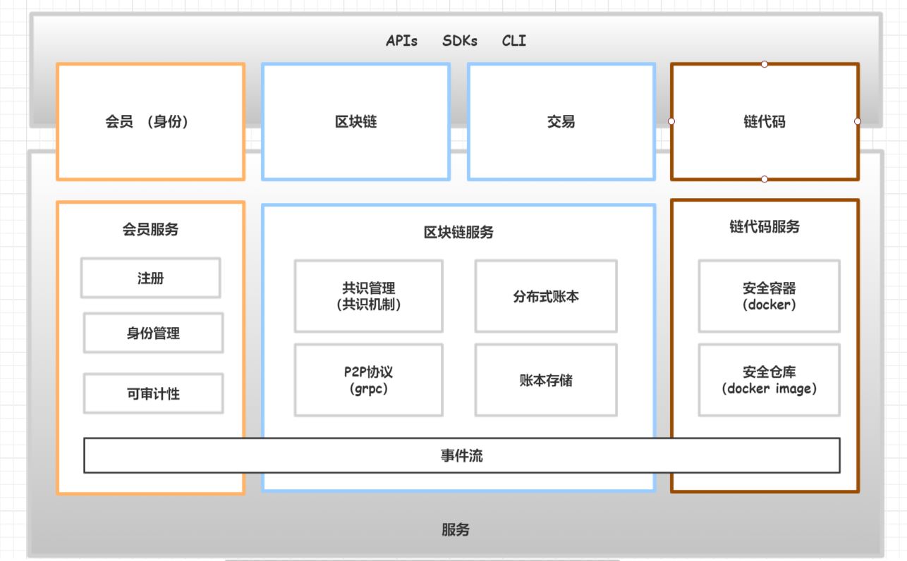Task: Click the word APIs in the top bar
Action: pyautogui.click(x=401, y=41)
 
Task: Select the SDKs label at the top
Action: pyautogui.click(x=460, y=41)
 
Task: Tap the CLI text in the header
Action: pyautogui.click(x=513, y=41)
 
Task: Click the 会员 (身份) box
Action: pyautogui.click(x=150, y=121)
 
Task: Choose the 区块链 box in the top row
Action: pyautogui.click(x=355, y=121)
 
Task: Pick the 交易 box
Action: pyautogui.click(x=561, y=121)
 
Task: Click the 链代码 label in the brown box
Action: pyautogui.click(x=764, y=121)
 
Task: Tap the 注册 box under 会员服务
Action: pyautogui.click(x=150, y=278)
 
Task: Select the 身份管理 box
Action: pyautogui.click(x=153, y=333)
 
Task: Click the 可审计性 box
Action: pyautogui.click(x=153, y=393)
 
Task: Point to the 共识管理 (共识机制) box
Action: pyautogui.click(x=368, y=296)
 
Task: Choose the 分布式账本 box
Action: pyautogui.click(x=546, y=296)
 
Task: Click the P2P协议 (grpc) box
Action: pyautogui.click(x=368, y=380)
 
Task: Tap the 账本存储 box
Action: pyautogui.click(x=546, y=380)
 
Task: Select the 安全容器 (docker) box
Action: pyautogui.click(x=769, y=296)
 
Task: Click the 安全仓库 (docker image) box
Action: pyautogui.click(x=769, y=380)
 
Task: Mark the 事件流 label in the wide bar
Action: pyautogui.click(x=461, y=455)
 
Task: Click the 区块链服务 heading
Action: pyautogui.click(x=458, y=232)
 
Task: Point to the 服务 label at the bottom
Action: pyautogui.click(x=455, y=530)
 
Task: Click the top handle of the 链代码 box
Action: pyautogui.click(x=765, y=64)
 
